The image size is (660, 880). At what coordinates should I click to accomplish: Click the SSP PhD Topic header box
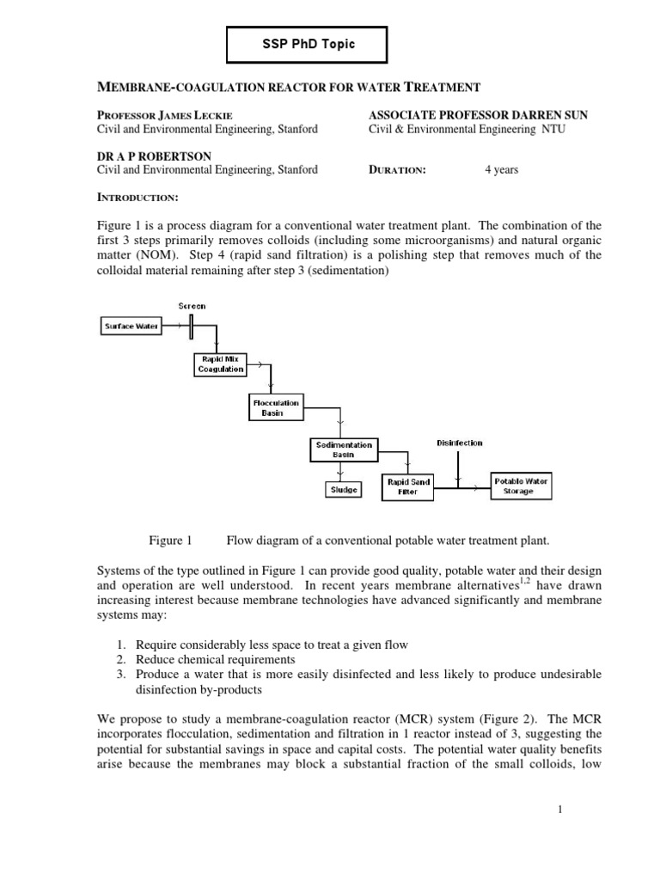click(307, 44)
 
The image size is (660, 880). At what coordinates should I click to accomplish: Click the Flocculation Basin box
click(276, 406)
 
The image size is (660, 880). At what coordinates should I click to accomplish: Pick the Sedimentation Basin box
click(343, 449)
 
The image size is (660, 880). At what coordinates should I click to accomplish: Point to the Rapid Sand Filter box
click(407, 487)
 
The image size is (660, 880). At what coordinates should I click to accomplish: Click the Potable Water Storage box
click(519, 487)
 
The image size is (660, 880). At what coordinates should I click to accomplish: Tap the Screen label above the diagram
click(192, 305)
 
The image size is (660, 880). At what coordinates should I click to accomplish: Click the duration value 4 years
click(501, 170)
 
